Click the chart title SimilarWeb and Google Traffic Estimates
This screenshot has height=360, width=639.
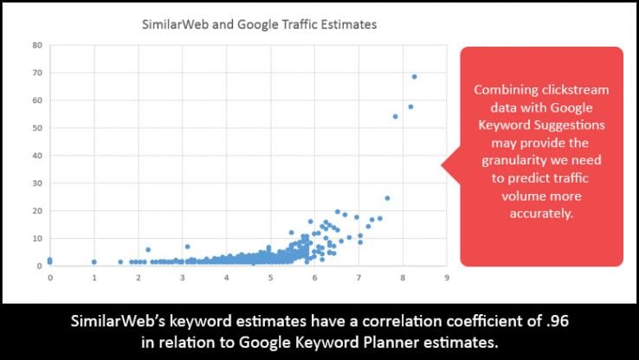259,25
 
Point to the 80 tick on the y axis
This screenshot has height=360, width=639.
37,45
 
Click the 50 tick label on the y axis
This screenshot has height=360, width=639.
37,128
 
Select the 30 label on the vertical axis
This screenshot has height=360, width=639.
37,183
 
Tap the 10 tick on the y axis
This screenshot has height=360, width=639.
37,238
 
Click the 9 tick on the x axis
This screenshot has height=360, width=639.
446,278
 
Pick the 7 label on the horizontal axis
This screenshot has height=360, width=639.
358,278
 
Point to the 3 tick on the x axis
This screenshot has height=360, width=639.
182,278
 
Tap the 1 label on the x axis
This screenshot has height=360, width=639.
94,278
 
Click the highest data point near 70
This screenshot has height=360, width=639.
415,76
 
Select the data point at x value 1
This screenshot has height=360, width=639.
94,261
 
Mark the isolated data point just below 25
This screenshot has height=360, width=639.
387,198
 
